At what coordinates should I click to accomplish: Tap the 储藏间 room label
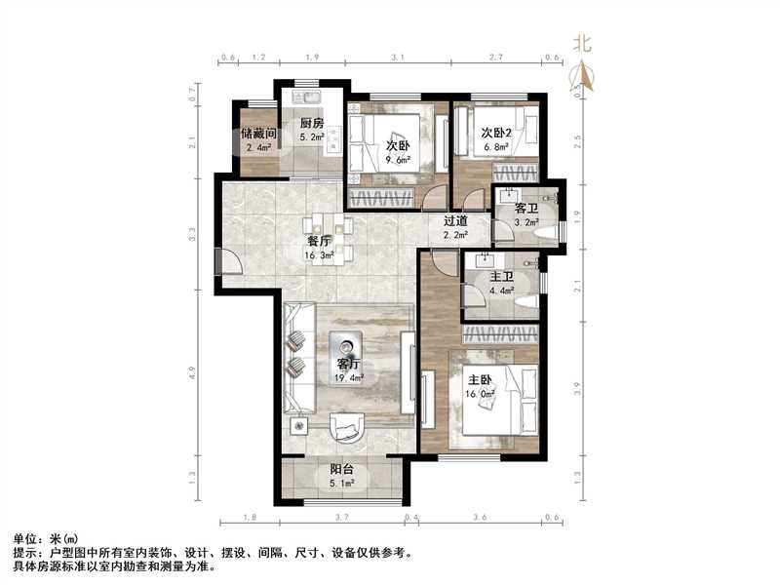click(260, 134)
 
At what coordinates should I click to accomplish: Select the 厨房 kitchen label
click(312, 123)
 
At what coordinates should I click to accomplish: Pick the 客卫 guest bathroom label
click(526, 209)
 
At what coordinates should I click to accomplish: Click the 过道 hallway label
click(456, 221)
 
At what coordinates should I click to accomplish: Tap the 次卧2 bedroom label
click(495, 134)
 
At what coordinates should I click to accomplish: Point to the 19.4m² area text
click(350, 377)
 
